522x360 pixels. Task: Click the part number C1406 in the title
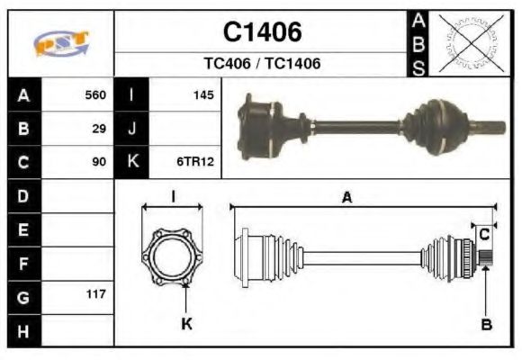[x=262, y=32]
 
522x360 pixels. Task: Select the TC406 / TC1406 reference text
[x=262, y=64]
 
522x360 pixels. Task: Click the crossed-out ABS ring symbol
[x=467, y=43]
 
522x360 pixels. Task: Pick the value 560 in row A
[x=95, y=94]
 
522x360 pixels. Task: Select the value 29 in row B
[x=99, y=128]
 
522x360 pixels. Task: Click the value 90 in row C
[x=99, y=162]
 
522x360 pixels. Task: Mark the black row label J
[x=131, y=128]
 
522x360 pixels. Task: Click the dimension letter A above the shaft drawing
[x=346, y=197]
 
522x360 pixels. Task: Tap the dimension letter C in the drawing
[x=484, y=234]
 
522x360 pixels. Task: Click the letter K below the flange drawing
[x=186, y=324]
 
